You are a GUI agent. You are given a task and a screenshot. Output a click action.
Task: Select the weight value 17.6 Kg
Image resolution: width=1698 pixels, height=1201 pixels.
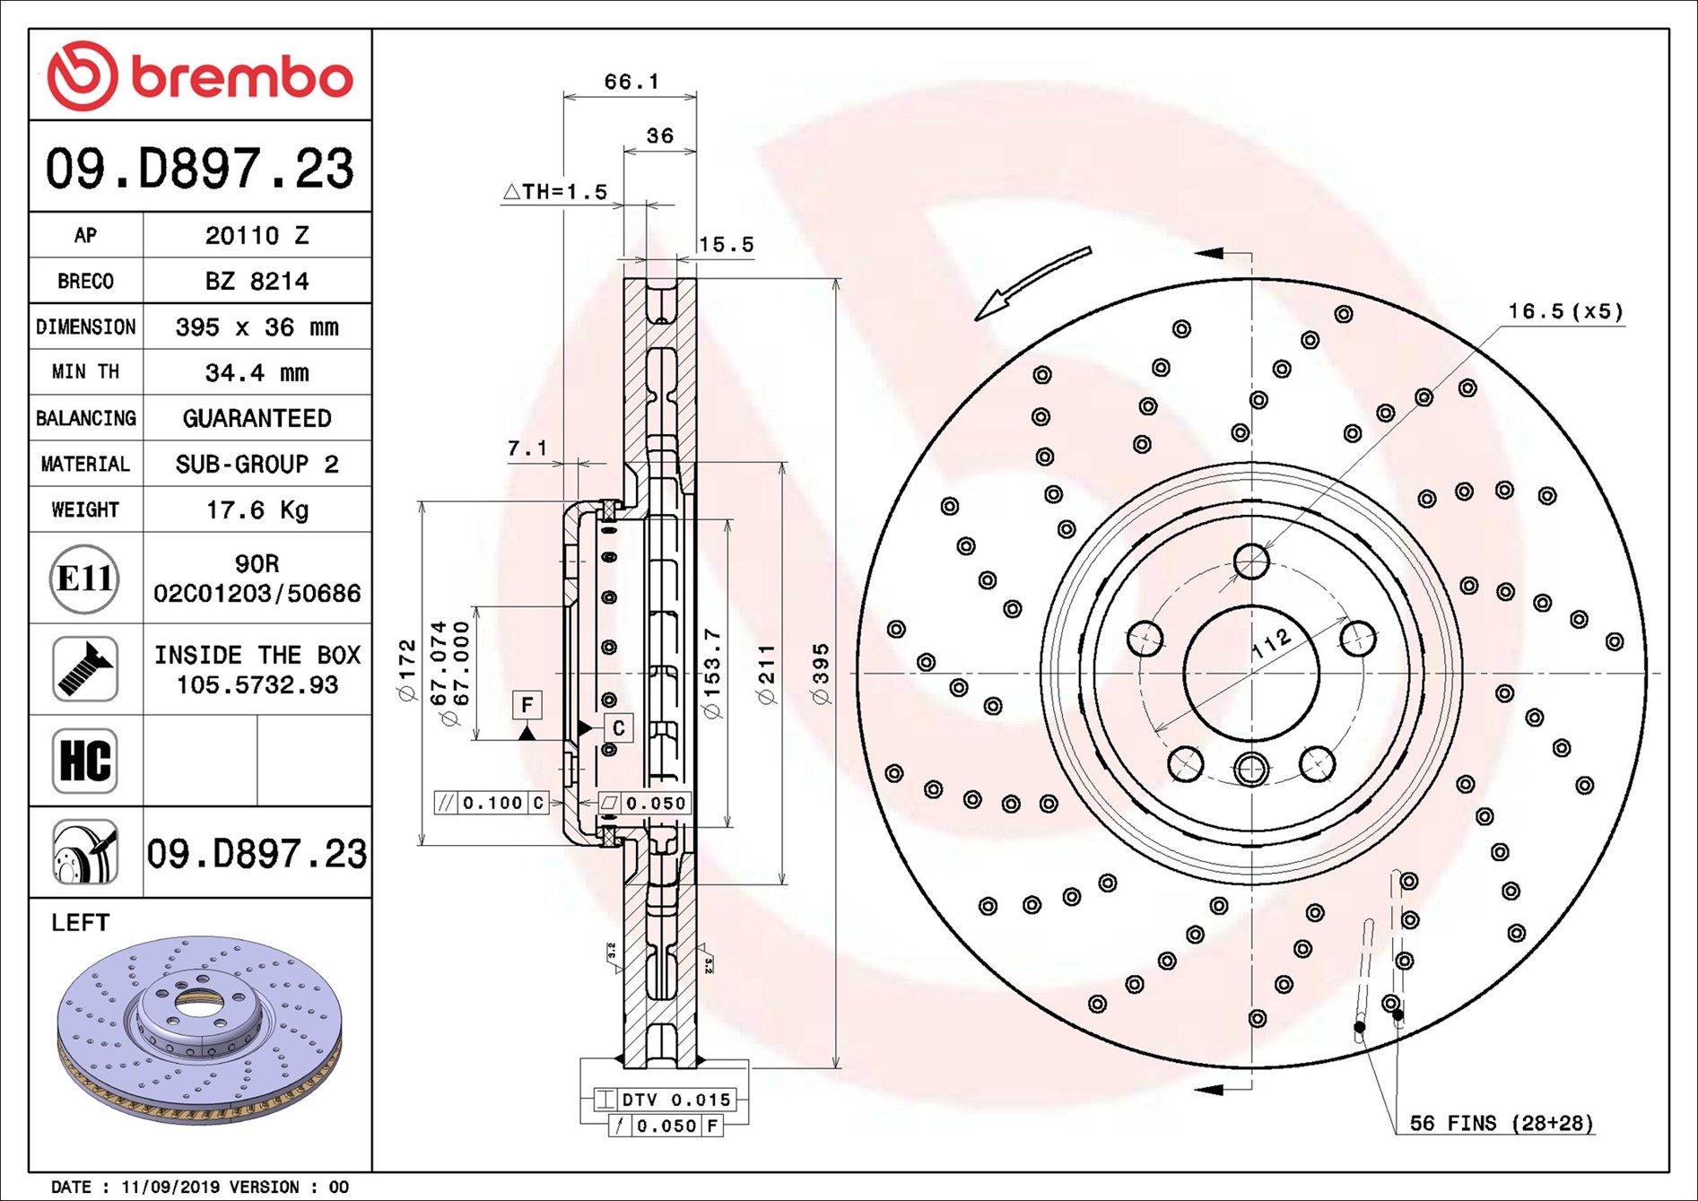[257, 510]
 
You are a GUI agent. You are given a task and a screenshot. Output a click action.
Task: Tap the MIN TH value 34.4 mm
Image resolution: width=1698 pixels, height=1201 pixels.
[257, 372]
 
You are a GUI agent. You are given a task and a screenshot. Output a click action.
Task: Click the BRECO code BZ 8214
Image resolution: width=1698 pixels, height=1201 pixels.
[257, 281]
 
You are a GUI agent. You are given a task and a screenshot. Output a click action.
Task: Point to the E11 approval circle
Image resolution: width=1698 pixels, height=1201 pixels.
[84, 579]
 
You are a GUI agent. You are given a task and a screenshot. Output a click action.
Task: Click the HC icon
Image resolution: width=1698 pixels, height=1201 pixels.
[85, 761]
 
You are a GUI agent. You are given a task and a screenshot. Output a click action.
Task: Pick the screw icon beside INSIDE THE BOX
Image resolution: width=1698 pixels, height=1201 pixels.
[85, 669]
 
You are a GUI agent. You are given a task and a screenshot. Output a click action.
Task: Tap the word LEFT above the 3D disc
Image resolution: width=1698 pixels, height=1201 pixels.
[81, 923]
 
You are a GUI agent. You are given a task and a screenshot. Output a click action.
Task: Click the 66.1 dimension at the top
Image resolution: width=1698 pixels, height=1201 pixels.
[631, 82]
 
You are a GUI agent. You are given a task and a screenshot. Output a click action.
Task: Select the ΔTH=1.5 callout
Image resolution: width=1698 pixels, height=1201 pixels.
[556, 191]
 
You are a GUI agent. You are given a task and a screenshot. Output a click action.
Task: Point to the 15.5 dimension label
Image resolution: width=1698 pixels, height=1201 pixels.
[726, 244]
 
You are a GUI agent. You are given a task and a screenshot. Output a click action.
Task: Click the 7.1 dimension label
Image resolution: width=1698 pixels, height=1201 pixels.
[527, 448]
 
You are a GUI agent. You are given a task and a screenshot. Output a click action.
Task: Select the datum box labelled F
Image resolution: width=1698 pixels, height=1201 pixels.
[527, 705]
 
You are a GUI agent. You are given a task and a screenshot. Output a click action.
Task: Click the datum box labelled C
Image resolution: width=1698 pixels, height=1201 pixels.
[618, 728]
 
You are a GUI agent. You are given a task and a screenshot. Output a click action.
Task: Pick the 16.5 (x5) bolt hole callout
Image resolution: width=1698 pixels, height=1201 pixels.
[1565, 311]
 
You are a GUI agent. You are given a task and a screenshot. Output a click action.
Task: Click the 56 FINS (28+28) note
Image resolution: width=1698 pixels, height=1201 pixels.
[1501, 1123]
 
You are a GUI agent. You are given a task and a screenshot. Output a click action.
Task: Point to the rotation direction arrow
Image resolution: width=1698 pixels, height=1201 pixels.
[1032, 282]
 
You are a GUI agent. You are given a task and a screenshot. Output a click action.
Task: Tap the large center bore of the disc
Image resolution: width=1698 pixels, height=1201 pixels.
[1251, 673]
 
